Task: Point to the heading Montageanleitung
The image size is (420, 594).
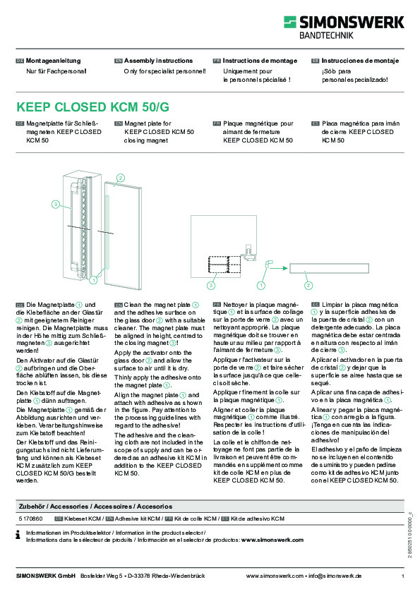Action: point(54,61)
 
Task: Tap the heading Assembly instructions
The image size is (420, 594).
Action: point(155,61)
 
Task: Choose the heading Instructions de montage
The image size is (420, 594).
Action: point(255,61)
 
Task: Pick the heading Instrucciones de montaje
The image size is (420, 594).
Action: point(355,61)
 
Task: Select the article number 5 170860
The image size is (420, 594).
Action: point(30,519)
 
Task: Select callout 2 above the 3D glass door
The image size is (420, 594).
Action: point(121,177)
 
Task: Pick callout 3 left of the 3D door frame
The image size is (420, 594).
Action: point(55,204)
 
